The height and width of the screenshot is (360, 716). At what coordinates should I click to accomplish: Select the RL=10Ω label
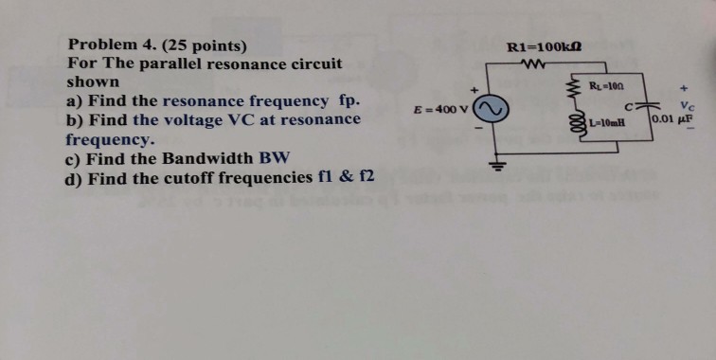605,87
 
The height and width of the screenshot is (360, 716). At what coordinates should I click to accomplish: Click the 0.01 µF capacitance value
673,120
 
